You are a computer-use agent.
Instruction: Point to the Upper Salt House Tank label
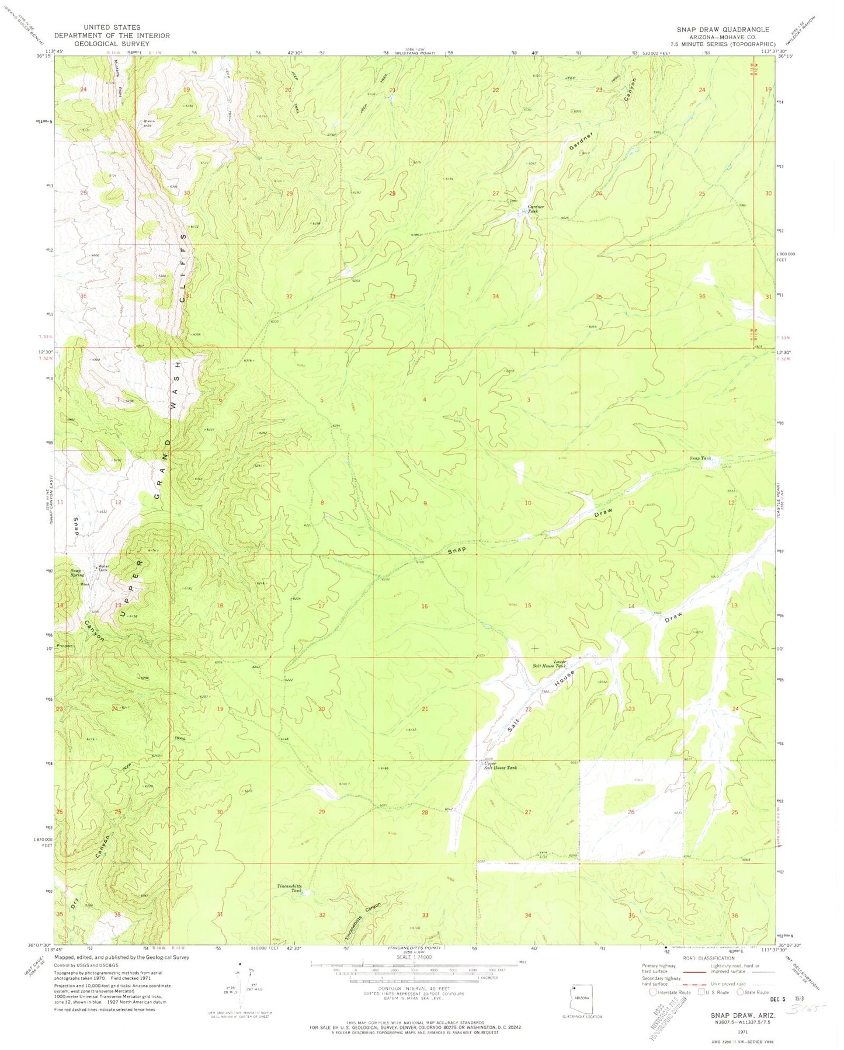point(500,766)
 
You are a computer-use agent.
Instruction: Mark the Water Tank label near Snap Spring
point(104,568)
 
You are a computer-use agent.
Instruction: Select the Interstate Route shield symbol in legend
point(652,991)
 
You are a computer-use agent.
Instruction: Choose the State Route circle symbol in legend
point(741,991)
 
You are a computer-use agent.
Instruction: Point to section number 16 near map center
point(425,606)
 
